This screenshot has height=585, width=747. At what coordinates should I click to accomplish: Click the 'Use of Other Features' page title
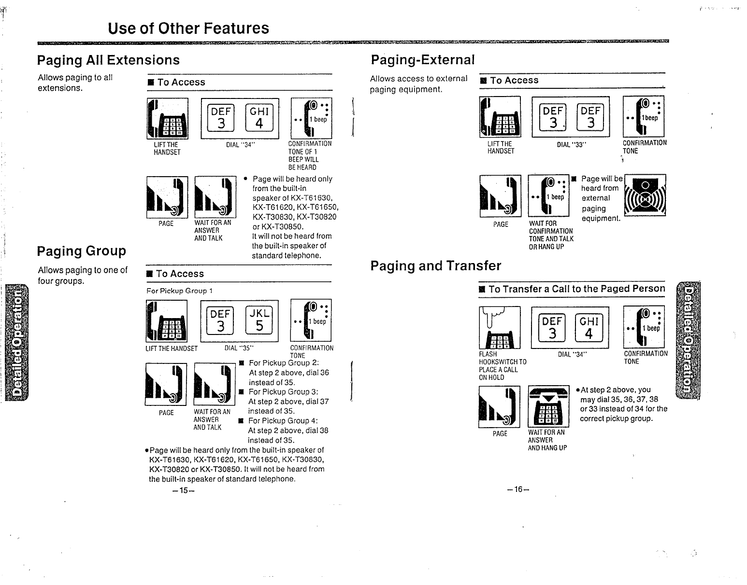click(188, 28)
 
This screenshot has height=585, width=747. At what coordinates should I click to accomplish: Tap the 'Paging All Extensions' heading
click(108, 60)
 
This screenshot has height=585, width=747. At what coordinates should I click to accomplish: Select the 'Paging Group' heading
click(81, 251)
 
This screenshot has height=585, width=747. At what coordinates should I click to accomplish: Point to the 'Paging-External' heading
click(422, 60)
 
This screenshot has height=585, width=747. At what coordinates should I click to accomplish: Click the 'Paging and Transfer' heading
click(435, 266)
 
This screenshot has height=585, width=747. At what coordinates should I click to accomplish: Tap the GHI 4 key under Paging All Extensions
click(259, 118)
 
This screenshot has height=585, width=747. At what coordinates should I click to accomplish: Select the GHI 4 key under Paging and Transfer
click(589, 328)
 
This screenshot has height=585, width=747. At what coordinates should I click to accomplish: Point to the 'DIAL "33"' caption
click(571, 144)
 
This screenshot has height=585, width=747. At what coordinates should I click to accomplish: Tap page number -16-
click(518, 489)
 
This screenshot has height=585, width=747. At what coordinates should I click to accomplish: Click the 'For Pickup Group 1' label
click(180, 291)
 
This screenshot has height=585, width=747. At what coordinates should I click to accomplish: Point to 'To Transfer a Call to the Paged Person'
click(576, 289)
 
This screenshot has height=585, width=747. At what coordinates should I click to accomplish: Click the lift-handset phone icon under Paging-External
click(500, 117)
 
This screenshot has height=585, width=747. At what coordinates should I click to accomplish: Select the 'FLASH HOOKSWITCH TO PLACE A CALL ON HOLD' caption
click(503, 366)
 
